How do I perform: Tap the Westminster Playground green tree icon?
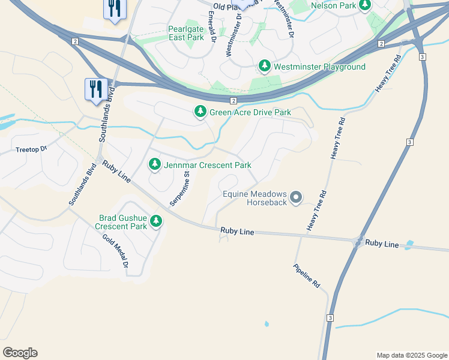click(x=265, y=66)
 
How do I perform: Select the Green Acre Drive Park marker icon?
click(x=200, y=112)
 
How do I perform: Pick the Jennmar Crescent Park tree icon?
click(x=155, y=164)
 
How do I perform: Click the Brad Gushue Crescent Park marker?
click(x=156, y=221)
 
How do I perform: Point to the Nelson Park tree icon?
click(x=364, y=5)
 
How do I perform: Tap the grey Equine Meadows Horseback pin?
click(x=295, y=197)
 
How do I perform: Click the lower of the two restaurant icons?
click(x=96, y=90)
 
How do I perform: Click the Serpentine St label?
click(x=179, y=189)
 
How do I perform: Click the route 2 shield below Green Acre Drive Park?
click(x=234, y=101)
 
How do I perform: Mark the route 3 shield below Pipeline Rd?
click(x=330, y=317)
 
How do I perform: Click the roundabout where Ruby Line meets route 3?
click(x=358, y=242)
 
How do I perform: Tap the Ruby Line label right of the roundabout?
click(x=382, y=244)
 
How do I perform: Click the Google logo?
click(x=20, y=353)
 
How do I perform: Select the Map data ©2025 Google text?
click(x=411, y=355)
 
